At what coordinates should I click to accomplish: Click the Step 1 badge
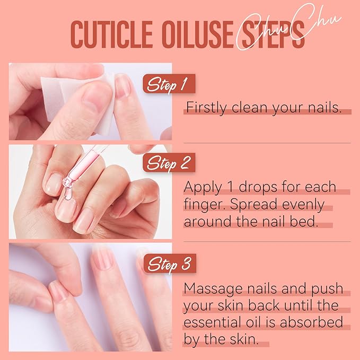pos(168,84)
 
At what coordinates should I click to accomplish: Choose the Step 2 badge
pos(168,163)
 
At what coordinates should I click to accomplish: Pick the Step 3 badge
pos(168,263)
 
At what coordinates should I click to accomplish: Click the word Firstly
pos(204,108)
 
